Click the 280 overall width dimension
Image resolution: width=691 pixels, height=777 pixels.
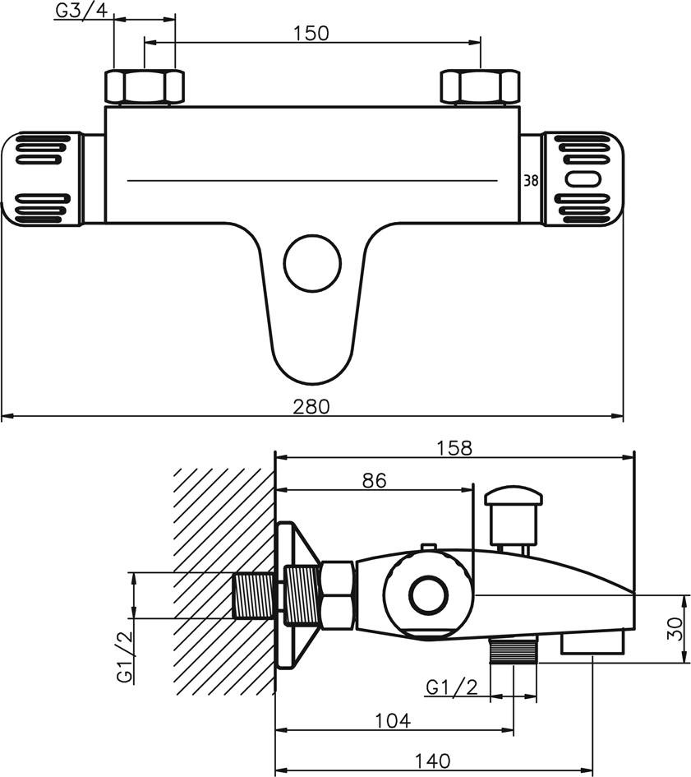tap(311, 407)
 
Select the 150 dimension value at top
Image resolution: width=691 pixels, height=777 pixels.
tap(311, 34)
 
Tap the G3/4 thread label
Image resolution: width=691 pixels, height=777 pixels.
tap(81, 11)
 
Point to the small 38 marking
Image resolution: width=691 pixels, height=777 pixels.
tap(531, 181)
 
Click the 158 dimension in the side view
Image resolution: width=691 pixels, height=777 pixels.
tap(454, 448)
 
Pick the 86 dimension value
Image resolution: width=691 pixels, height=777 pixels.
tap(374, 480)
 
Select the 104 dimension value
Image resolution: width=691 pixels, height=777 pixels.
tap(393, 721)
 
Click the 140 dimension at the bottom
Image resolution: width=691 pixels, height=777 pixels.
tap(432, 761)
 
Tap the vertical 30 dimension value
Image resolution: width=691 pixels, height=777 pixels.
tap(675, 628)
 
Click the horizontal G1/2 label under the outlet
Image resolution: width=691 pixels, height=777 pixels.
tap(452, 687)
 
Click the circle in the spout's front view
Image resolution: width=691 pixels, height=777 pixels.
tap(312, 263)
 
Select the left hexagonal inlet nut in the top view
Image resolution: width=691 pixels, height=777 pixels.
tap(144, 87)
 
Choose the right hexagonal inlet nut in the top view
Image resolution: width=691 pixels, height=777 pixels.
tap(480, 87)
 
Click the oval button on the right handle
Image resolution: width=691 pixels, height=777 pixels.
tap(583, 179)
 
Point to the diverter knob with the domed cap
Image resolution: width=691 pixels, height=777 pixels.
tap(514, 517)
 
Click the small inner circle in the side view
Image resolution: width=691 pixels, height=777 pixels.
tap(429, 595)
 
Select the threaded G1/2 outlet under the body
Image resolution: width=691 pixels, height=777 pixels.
tap(514, 650)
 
